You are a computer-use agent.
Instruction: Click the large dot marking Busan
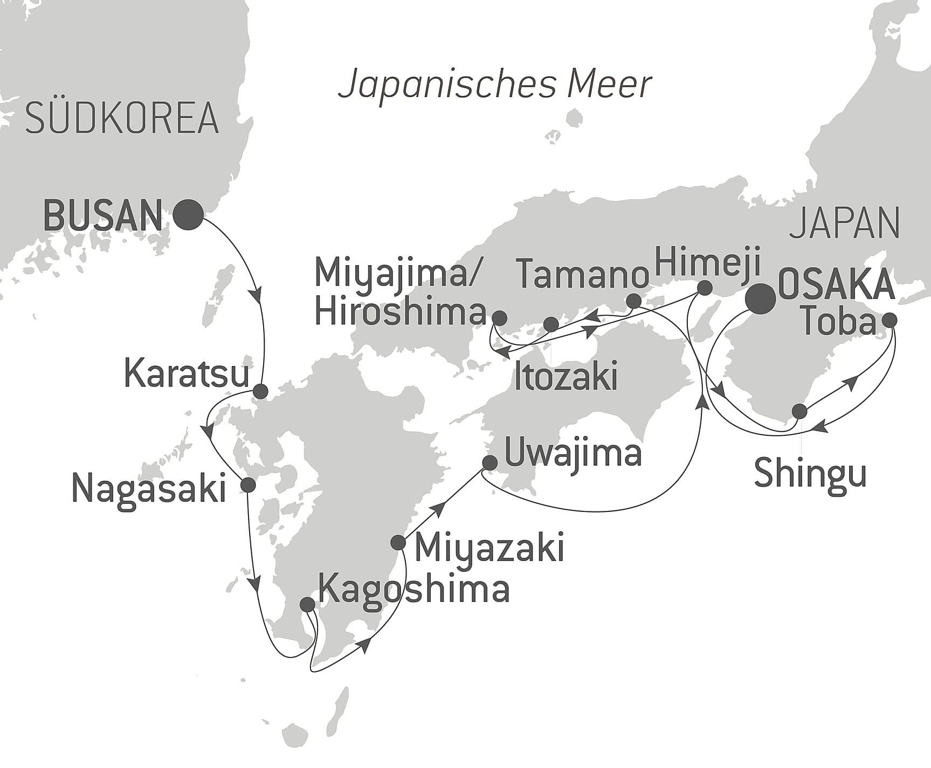(188, 215)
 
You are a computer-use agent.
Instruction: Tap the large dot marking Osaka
(760, 299)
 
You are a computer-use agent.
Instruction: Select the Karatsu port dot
(260, 391)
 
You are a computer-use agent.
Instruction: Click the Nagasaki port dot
(247, 485)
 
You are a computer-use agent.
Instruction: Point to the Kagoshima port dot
(307, 604)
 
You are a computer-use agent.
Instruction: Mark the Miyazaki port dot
(398, 542)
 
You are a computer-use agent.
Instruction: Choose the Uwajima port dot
(489, 462)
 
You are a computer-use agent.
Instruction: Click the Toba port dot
(889, 320)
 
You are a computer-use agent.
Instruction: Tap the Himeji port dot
(704, 288)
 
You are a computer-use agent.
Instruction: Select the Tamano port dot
(634, 301)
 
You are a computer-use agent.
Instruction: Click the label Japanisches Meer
(494, 85)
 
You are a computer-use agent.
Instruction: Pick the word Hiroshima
(400, 313)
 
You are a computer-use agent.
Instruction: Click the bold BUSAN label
(102, 216)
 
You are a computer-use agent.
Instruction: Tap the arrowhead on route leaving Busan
(258, 295)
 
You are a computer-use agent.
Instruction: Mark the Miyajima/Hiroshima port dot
(500, 317)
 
